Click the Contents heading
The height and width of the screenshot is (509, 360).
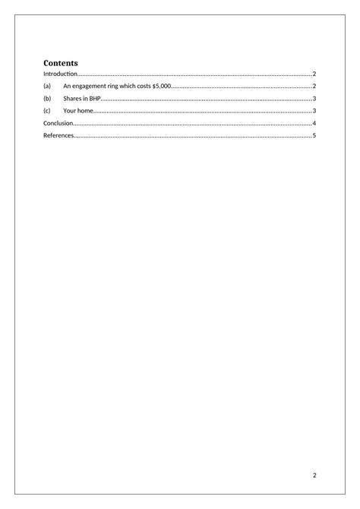pyautogui.click(x=61, y=62)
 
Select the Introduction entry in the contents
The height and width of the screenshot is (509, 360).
pyautogui.click(x=60, y=74)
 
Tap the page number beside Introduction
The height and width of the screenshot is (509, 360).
pyautogui.click(x=314, y=74)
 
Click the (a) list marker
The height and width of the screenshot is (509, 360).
pyautogui.click(x=47, y=87)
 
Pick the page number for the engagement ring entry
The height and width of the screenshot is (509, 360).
pyautogui.click(x=314, y=87)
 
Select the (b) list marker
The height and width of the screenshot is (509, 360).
pyautogui.click(x=47, y=99)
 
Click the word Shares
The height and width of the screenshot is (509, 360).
pyautogui.click(x=73, y=99)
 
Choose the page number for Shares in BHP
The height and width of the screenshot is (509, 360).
pyautogui.click(x=314, y=99)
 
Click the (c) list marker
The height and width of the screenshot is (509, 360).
pyautogui.click(x=47, y=111)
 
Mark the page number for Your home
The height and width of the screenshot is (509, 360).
pyautogui.click(x=314, y=111)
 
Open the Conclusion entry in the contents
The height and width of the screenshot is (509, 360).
pyautogui.click(x=58, y=123)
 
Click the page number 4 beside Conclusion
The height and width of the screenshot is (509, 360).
pyautogui.click(x=314, y=123)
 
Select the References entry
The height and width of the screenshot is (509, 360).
pyautogui.click(x=58, y=135)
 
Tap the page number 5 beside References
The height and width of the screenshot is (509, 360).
pyautogui.click(x=314, y=135)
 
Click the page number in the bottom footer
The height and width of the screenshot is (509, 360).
pyautogui.click(x=314, y=476)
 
